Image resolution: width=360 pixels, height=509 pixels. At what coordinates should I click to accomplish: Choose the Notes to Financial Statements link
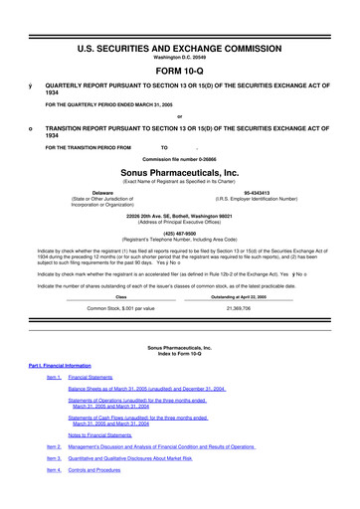(106, 463)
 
